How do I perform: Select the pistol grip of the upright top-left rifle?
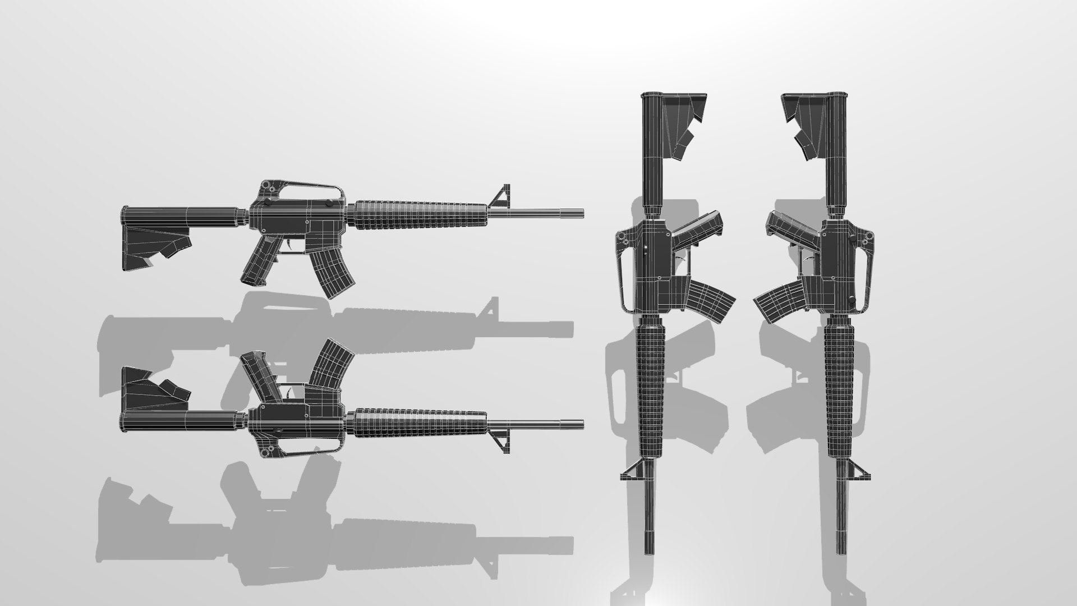point(259,263)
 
